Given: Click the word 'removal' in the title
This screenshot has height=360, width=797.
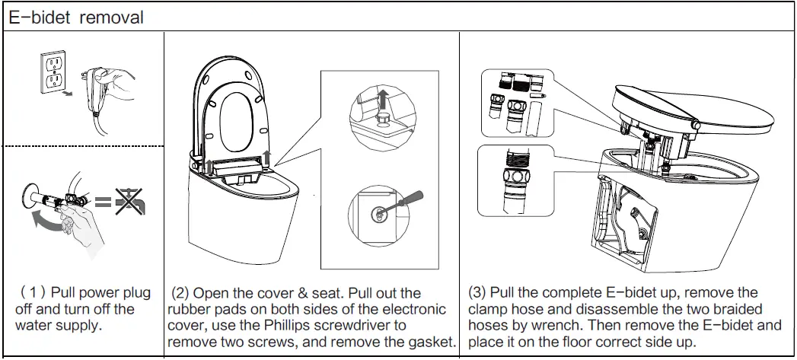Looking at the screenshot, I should (113, 18).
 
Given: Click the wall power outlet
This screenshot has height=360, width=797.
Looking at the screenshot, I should (53, 74).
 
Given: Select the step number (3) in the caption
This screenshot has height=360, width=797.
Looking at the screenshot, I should (477, 293).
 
